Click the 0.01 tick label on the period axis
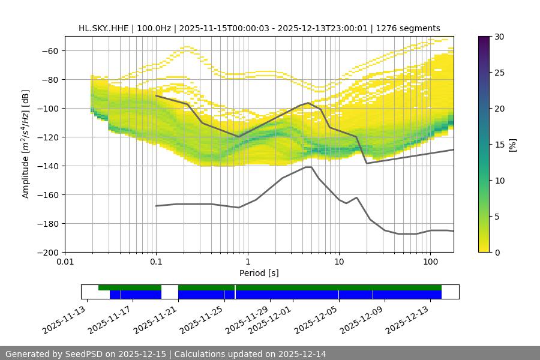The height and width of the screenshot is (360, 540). click(x=65, y=261)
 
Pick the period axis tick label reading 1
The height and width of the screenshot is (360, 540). click(x=247, y=261)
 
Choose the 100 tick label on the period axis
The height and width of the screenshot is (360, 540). click(x=430, y=261)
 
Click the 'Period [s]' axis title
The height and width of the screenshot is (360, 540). click(x=259, y=273)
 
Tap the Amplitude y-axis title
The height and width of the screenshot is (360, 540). click(x=26, y=144)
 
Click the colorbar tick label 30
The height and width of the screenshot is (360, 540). click(x=499, y=37)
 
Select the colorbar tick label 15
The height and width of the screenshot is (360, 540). click(x=499, y=145)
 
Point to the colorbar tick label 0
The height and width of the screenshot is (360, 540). click(x=496, y=252)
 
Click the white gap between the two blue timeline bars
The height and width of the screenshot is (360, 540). click(x=170, y=294)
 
